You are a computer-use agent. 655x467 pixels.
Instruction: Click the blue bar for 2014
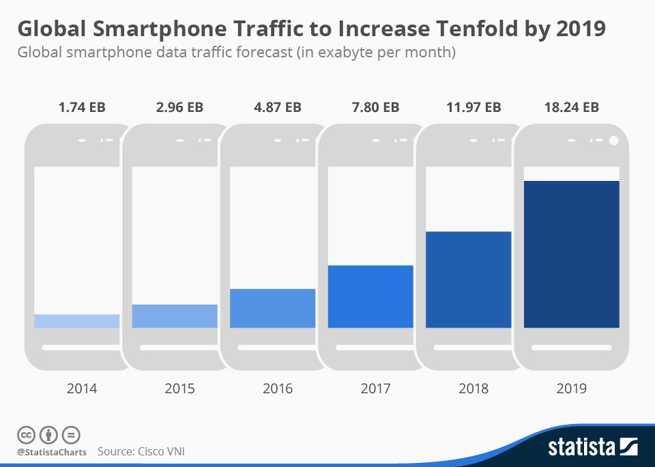pyautogui.click(x=76, y=321)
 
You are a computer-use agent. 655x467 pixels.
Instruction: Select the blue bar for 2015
pyautogui.click(x=175, y=316)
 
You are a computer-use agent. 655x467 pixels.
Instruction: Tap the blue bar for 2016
pyautogui.click(x=272, y=308)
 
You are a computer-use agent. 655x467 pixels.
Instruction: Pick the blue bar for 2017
pyautogui.click(x=370, y=296)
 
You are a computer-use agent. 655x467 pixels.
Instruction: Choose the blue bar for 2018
pyautogui.click(x=468, y=279)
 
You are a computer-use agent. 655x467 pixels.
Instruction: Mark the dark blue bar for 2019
pyautogui.click(x=571, y=254)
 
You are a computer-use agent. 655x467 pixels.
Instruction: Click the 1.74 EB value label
pyautogui.click(x=82, y=107)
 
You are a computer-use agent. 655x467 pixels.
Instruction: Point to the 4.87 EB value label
pyautogui.click(x=278, y=107)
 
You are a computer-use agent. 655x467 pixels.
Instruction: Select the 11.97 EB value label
pyautogui.click(x=474, y=107)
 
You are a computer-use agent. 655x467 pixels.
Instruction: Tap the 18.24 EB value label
pyautogui.click(x=572, y=107)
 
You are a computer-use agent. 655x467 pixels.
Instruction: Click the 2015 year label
pyautogui.click(x=179, y=388)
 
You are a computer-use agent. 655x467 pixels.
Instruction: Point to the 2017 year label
pyautogui.click(x=375, y=388)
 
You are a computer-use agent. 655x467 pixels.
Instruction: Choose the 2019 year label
pyautogui.click(x=572, y=388)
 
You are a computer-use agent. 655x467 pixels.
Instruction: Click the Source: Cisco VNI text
pyautogui.click(x=141, y=451)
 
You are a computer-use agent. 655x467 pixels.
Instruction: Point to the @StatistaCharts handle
pyautogui.click(x=52, y=452)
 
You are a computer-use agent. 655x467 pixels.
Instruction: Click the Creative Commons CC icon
pyautogui.click(x=26, y=435)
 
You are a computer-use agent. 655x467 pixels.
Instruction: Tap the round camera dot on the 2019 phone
pyautogui.click(x=613, y=141)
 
